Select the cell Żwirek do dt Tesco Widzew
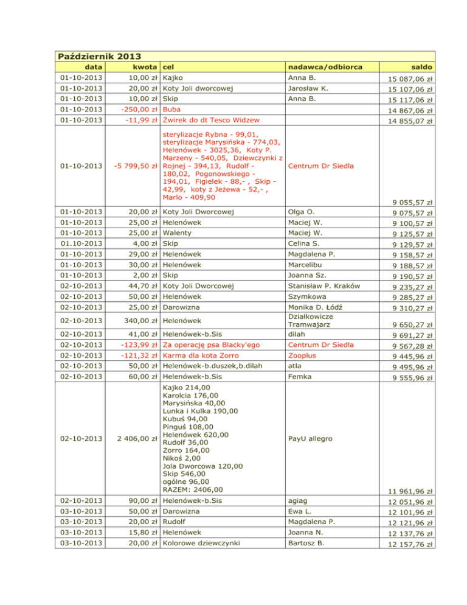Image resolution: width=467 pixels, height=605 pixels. [x=211, y=121]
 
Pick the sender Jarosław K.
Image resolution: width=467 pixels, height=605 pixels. [x=308, y=89]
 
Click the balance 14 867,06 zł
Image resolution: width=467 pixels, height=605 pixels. [x=410, y=111]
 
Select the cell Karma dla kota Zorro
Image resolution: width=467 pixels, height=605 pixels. [x=204, y=356]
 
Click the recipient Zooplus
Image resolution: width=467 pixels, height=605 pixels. [x=303, y=356]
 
